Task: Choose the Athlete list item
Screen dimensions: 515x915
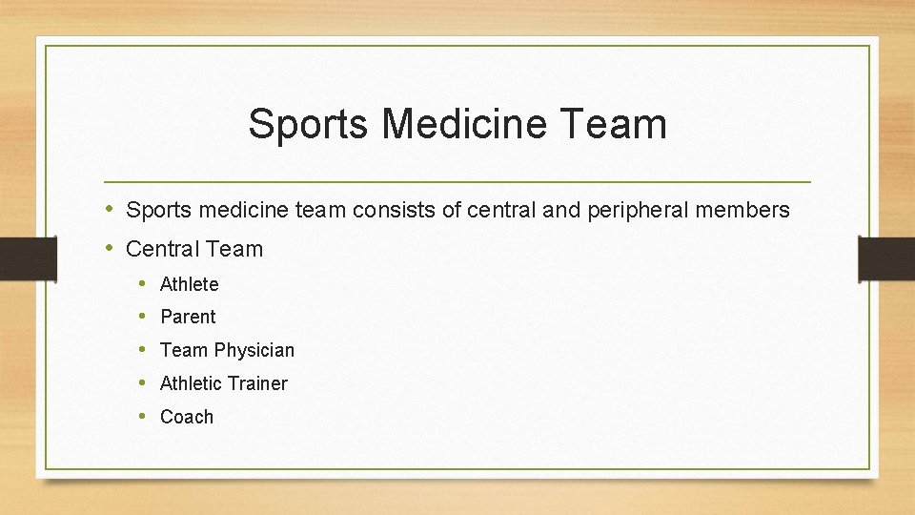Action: pyautogui.click(x=190, y=284)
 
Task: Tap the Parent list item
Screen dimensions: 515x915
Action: pyautogui.click(x=188, y=317)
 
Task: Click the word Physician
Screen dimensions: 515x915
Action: pyautogui.click(x=254, y=350)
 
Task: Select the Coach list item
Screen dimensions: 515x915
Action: pyautogui.click(x=187, y=417)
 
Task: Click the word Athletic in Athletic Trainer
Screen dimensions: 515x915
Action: pyautogui.click(x=190, y=383)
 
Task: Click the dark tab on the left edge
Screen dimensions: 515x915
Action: pyautogui.click(x=15, y=258)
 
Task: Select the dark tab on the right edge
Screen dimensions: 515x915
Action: pyautogui.click(x=886, y=258)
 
